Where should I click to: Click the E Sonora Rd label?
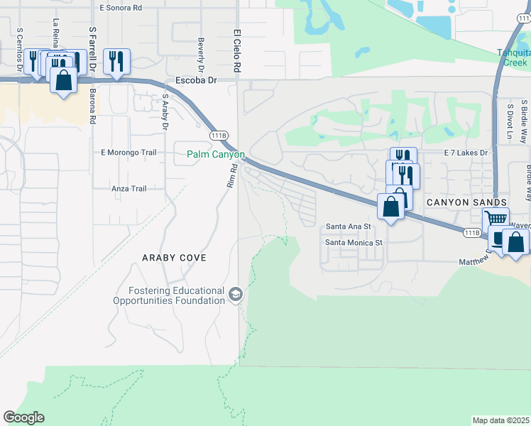point(131,7)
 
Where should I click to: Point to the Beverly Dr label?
point(201,50)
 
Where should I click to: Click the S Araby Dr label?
point(165,112)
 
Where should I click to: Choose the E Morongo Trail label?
point(128,152)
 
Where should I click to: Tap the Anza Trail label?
point(128,188)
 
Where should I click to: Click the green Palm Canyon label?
point(216,154)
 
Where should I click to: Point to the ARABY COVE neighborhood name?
point(174,258)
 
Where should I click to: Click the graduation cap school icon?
point(236,294)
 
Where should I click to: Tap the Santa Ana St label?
point(348,226)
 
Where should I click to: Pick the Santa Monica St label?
point(354,241)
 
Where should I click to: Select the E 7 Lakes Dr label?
point(466,153)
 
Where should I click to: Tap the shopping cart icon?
point(496,219)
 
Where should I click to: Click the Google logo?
point(23,417)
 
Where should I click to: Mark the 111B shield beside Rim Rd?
point(218,134)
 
